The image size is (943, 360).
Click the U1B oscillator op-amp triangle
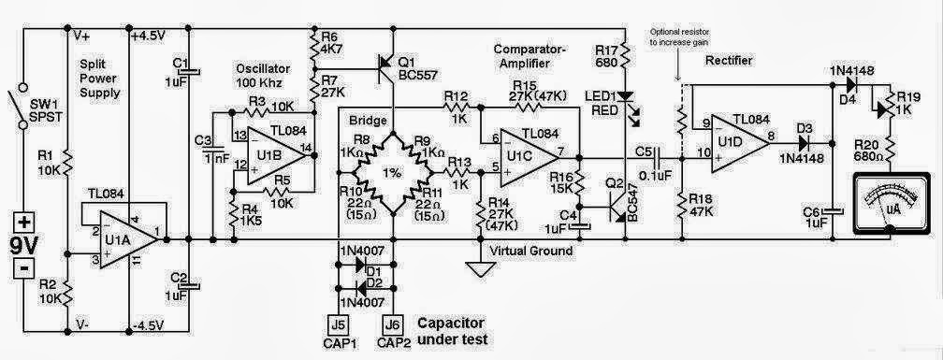276,149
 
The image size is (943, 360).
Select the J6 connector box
392,324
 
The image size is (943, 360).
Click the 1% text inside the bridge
392,175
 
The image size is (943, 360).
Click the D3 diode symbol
805,143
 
